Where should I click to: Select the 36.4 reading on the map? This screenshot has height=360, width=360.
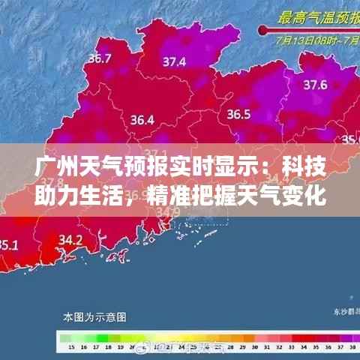click(x=142, y=119)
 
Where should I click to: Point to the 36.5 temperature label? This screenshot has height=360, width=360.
click(x=238, y=114)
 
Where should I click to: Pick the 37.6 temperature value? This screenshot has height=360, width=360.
click(x=313, y=85)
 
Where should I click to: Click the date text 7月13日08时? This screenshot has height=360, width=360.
click(x=306, y=34)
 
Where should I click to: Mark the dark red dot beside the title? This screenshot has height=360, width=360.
click(x=263, y=30)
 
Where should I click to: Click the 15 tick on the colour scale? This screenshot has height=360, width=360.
click(x=70, y=348)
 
